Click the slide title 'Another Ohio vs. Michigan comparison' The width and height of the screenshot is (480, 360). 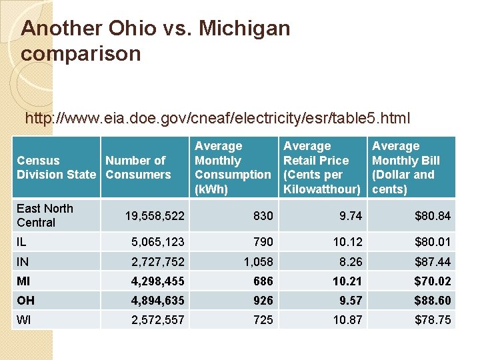[155, 41]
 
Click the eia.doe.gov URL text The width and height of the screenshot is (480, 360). [217, 119]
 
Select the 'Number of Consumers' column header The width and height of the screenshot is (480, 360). [137, 167]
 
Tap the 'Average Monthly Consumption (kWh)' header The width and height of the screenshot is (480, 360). [232, 167]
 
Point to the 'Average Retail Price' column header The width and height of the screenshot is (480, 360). [321, 167]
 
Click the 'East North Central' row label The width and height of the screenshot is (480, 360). [45, 215]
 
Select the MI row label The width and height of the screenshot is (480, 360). [23, 281]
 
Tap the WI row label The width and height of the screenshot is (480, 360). [23, 320]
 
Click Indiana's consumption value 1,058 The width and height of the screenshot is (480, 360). [259, 262]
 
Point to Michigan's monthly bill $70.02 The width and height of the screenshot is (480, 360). [433, 281]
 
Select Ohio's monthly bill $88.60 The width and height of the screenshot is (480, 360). [433, 301]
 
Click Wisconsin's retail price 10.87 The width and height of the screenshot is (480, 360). [347, 320]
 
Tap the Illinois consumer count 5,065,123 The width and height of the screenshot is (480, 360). [157, 241]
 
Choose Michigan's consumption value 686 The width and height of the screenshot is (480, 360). [263, 281]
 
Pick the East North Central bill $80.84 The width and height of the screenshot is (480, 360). [433, 216]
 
